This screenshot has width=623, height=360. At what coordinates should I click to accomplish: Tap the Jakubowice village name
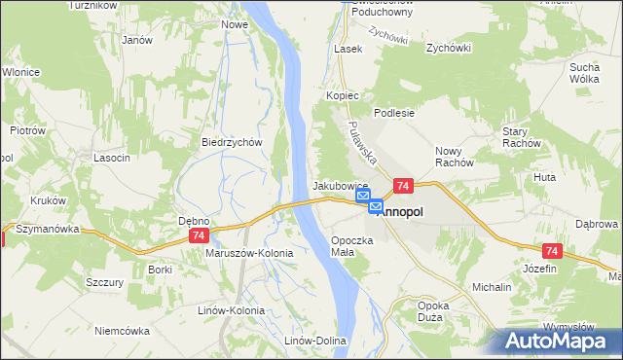point(339,185)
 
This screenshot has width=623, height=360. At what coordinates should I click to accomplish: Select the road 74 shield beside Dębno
point(199,236)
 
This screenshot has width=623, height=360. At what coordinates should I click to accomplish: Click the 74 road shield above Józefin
point(551,252)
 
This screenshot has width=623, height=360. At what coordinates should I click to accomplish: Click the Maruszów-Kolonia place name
point(249,253)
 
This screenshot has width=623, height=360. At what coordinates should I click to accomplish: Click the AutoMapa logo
point(559,342)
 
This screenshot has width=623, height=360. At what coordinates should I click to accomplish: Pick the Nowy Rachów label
point(454,156)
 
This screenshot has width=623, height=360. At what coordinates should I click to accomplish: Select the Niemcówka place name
point(124,330)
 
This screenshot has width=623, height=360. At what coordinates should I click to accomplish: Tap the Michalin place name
point(492,288)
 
